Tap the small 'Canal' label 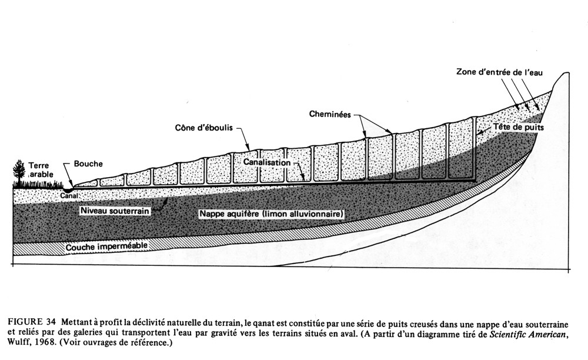[69, 195]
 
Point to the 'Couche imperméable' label [106, 245]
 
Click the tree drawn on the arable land [20, 172]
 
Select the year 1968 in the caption [49, 344]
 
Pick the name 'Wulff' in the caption [21, 344]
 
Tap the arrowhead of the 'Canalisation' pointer [303, 179]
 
